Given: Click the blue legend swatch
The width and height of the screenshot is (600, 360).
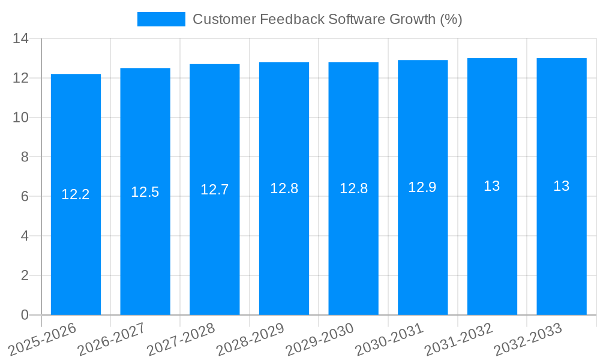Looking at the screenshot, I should pyautogui.click(x=161, y=19).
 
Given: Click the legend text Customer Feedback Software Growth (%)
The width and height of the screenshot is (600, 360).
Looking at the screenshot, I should pyautogui.click(x=327, y=19).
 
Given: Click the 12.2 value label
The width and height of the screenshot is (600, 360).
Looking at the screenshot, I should pyautogui.click(x=76, y=194).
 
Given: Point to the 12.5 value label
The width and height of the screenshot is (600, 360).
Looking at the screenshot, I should pyautogui.click(x=145, y=192).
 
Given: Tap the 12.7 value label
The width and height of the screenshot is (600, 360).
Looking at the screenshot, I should pyautogui.click(x=215, y=190).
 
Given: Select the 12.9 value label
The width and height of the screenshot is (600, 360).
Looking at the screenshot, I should pyautogui.click(x=422, y=187).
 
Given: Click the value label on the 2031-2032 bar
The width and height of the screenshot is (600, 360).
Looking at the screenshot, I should pyautogui.click(x=492, y=186).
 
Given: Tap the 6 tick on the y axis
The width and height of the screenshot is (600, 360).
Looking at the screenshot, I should pyautogui.click(x=25, y=197).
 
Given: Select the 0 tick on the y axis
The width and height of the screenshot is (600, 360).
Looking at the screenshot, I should pyautogui.click(x=25, y=315).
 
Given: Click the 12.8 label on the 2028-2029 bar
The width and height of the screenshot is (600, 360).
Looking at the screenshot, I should pyautogui.click(x=284, y=188).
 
